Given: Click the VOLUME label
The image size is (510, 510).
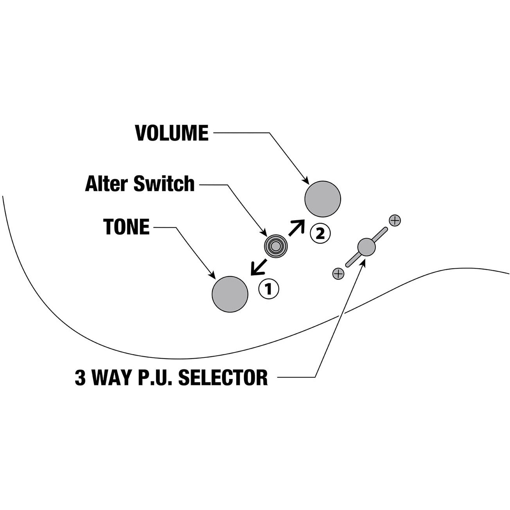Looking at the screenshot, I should tap(171, 133).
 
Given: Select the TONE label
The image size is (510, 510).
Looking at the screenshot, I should tap(126, 227).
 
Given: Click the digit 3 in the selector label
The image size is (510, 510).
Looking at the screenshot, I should tap(80, 377).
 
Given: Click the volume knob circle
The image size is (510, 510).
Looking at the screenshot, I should tap(323, 199).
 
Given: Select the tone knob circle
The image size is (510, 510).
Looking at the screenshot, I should tap(230, 294).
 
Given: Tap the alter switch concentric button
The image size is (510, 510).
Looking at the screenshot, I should tap(275, 246).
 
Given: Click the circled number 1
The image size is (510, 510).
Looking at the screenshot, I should tap(268, 289).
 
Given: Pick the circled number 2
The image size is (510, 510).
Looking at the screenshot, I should tap(320, 233).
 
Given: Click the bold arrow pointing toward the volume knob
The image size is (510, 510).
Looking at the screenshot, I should tap(296, 228).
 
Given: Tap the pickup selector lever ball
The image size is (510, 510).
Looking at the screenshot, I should tap(366, 247).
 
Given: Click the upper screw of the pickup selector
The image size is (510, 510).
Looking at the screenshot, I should tap(395, 220).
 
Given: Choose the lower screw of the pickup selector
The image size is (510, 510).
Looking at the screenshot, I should tap(338, 274).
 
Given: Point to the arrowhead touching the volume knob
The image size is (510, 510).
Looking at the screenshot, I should tap(307, 181).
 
